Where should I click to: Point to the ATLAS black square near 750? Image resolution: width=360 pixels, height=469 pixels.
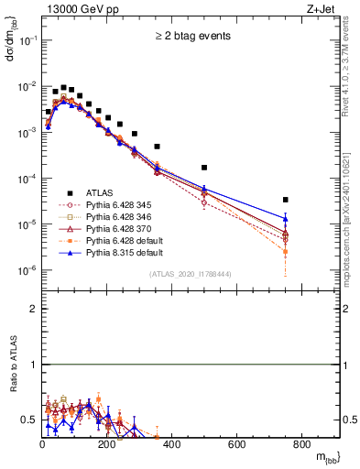[286, 200]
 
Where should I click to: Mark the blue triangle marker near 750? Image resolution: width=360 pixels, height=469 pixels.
[286, 218]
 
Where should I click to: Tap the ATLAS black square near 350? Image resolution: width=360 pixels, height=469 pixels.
[157, 147]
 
